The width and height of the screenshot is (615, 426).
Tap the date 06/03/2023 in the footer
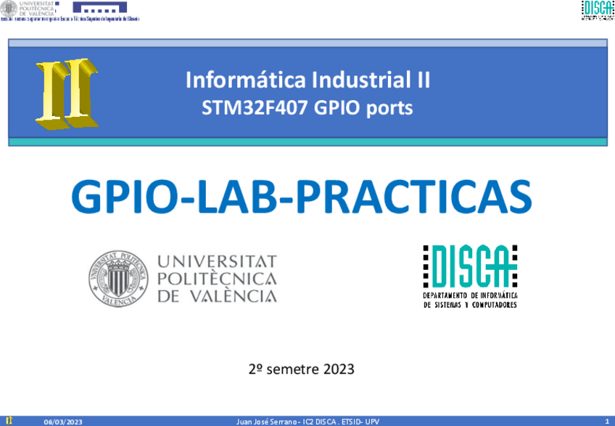[x=64, y=421]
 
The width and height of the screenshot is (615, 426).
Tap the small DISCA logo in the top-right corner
[x=596, y=10]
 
